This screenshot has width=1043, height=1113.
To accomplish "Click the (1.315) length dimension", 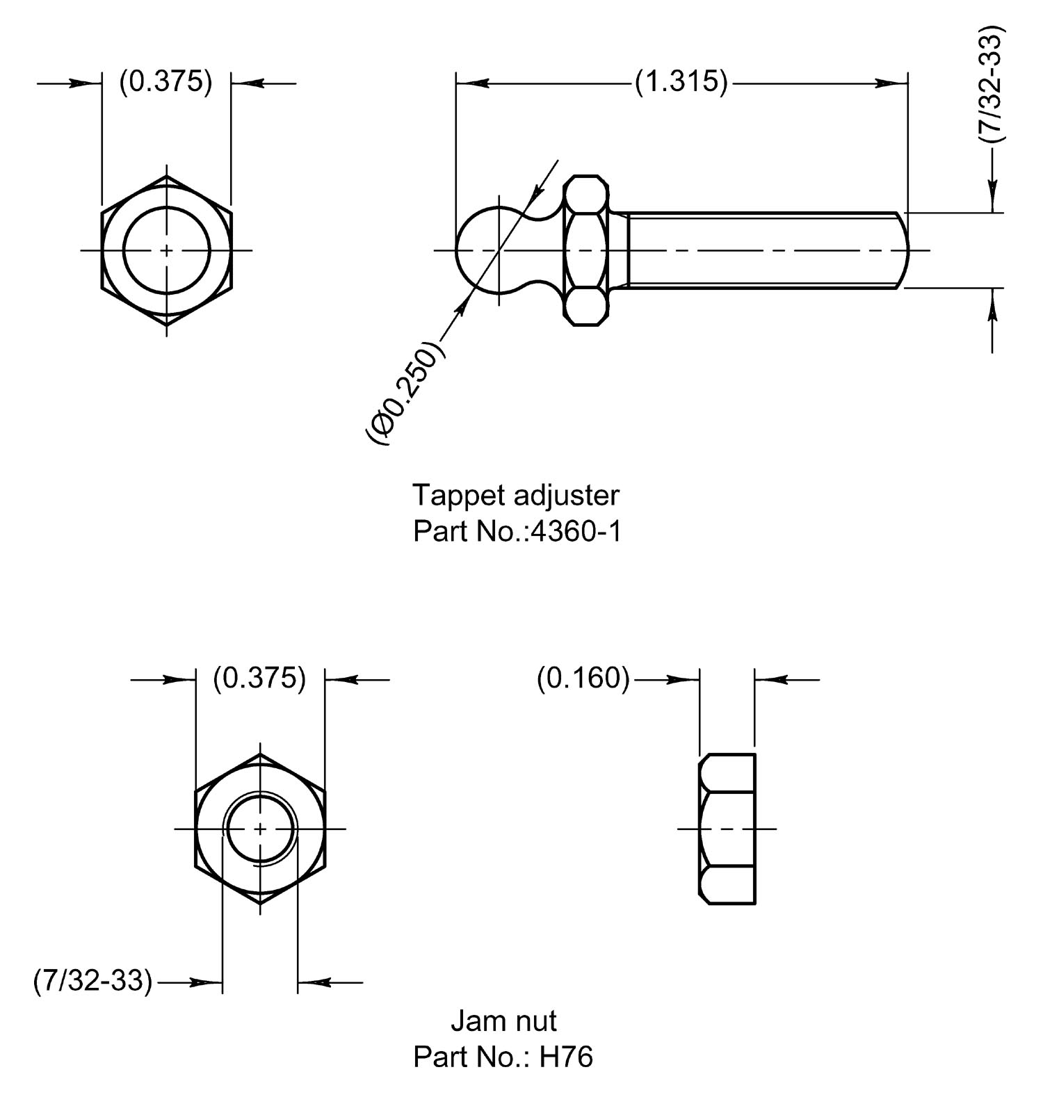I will [x=681, y=82].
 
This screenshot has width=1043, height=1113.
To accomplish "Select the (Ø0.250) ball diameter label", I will [x=404, y=392].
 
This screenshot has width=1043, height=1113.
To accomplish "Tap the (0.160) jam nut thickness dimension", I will [x=583, y=679].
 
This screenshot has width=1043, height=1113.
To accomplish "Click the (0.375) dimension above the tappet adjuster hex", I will [x=165, y=82].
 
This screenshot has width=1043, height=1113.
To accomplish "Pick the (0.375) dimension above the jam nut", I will [x=259, y=679].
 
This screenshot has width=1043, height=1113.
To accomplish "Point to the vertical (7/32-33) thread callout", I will [x=992, y=85].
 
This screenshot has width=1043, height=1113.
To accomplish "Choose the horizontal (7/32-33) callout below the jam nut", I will [x=92, y=981].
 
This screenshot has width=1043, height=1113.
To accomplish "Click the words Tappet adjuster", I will [x=515, y=496].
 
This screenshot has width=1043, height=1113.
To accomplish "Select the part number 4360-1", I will [x=576, y=532].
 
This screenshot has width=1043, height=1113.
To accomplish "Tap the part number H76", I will [x=566, y=1057].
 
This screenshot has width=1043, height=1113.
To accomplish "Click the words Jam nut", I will [x=503, y=1021].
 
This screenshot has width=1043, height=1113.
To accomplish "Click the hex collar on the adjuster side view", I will [x=585, y=250].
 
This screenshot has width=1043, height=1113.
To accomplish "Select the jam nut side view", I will [x=727, y=829].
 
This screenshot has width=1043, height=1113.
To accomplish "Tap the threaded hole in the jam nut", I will [x=260, y=829].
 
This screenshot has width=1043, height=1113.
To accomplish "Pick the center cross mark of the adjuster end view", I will [x=167, y=250].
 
